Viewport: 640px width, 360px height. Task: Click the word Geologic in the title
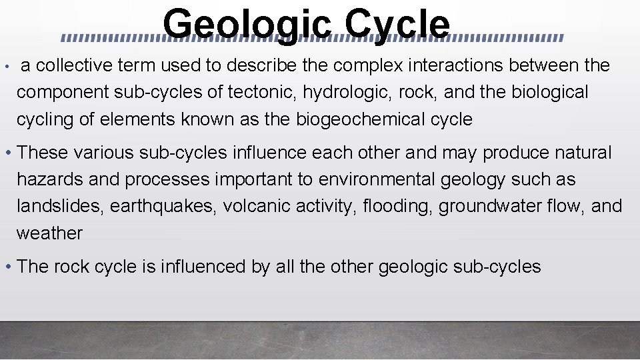click(x=247, y=25)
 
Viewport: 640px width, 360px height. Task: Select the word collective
click(x=74, y=65)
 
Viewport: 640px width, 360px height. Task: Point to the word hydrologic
click(x=347, y=92)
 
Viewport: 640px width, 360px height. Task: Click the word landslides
click(x=59, y=206)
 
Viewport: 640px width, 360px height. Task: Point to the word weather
click(x=49, y=233)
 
